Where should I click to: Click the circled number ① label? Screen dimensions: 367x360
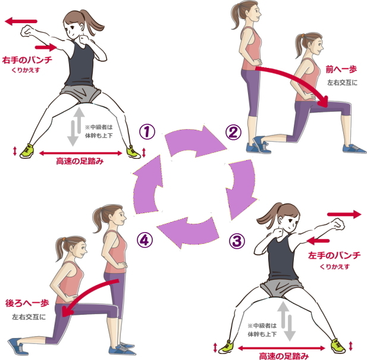click(x=148, y=132)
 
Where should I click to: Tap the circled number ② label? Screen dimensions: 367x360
click(x=233, y=132)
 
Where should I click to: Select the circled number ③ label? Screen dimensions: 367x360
click(x=237, y=241)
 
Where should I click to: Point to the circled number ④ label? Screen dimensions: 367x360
click(x=145, y=240)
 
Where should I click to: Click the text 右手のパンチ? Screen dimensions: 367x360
click(x=27, y=60)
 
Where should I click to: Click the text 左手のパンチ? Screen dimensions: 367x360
click(x=334, y=255)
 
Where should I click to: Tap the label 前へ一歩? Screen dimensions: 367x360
click(x=341, y=70)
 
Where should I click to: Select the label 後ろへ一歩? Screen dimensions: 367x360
click(x=27, y=303)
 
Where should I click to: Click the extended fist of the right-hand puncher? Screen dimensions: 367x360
click(x=27, y=32)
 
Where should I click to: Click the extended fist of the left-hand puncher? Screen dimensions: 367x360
click(x=338, y=224)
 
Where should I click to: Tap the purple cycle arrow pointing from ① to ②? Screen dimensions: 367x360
click(x=195, y=141)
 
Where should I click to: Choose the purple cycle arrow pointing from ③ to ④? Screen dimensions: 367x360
click(x=187, y=233)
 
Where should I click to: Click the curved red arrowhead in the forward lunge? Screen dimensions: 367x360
click(x=325, y=101)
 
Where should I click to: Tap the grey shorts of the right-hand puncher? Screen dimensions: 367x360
click(x=80, y=93)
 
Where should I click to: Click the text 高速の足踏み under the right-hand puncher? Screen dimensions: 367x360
click(x=80, y=161)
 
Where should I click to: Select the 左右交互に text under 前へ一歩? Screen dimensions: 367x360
click(x=343, y=83)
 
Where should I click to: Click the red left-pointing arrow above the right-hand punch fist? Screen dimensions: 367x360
click(x=21, y=21)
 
